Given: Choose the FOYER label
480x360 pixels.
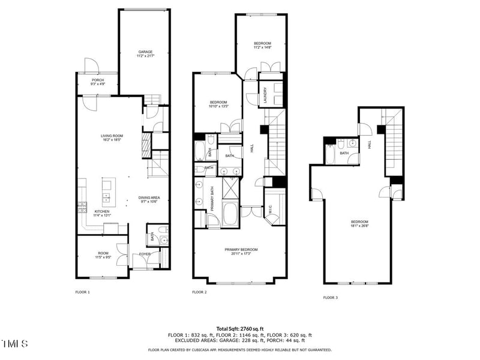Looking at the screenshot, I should [145, 254].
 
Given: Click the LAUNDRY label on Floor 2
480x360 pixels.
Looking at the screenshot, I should [265, 97].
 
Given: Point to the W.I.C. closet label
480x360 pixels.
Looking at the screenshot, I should [271, 210].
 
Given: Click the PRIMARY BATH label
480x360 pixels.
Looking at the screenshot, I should [211, 198].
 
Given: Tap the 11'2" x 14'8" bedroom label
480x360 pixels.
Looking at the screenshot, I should [262, 45].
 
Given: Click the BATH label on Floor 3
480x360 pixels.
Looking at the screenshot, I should [344, 153].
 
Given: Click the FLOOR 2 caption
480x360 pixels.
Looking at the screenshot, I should [199, 292].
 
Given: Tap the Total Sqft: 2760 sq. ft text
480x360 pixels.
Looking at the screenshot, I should [239, 329].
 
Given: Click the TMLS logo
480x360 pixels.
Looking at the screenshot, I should [14, 344].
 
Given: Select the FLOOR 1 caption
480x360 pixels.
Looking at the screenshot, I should [82, 292].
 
